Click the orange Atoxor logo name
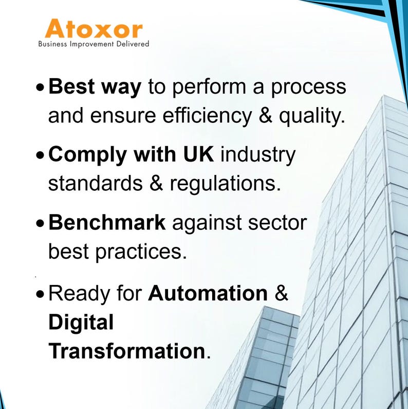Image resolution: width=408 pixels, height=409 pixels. [93, 29]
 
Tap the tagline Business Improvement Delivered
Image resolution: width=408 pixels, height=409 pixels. [94, 44]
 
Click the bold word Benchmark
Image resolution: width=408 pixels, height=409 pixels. [107, 223]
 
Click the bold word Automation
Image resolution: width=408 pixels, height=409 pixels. [208, 293]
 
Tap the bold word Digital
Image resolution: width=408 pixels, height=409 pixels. [81, 323]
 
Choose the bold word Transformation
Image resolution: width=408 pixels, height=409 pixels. [126, 351]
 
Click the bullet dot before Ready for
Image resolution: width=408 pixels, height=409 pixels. [41, 295]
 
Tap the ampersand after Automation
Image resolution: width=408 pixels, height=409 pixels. [281, 293]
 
